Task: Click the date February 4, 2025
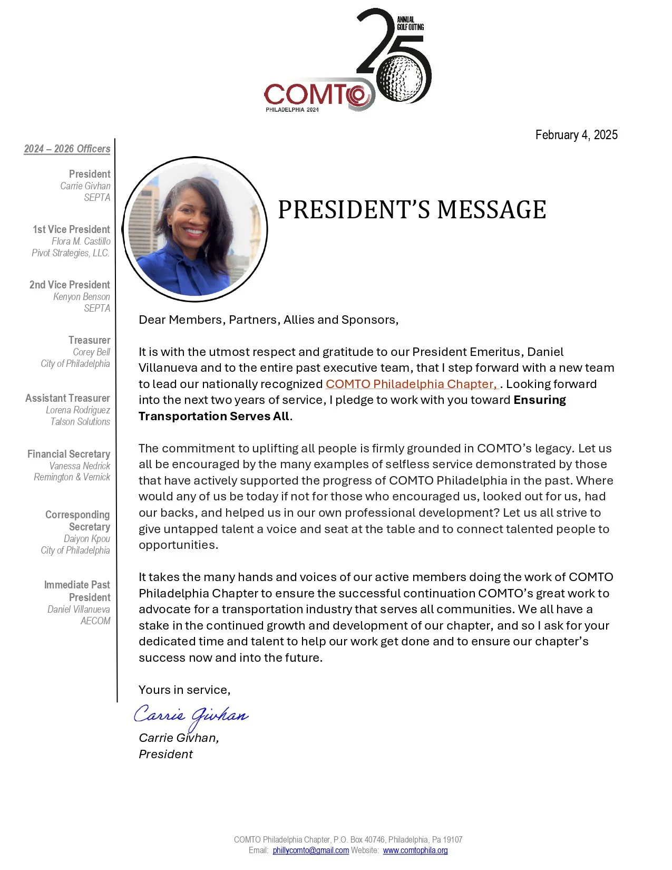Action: click(x=576, y=135)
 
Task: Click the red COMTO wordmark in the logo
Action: click(x=311, y=95)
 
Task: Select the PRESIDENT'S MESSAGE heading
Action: click(x=412, y=210)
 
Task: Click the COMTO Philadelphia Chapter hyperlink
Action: click(x=411, y=384)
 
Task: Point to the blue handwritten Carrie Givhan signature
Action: click(x=191, y=716)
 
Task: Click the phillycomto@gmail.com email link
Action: click(x=310, y=850)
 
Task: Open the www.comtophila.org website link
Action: click(x=415, y=850)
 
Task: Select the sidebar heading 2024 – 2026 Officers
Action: click(x=67, y=149)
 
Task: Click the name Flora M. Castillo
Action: click(x=81, y=241)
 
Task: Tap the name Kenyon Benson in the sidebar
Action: click(x=82, y=297)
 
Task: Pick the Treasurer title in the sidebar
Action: click(x=89, y=340)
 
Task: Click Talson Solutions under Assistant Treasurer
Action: click(x=80, y=422)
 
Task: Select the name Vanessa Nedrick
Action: click(x=80, y=466)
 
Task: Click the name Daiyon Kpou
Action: click(x=87, y=539)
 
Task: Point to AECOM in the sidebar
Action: click(x=95, y=621)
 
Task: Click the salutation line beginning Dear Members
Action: click(x=268, y=320)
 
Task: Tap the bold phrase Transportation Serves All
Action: click(x=213, y=417)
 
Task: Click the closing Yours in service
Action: click(x=184, y=690)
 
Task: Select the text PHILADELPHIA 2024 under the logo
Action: click(x=292, y=110)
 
